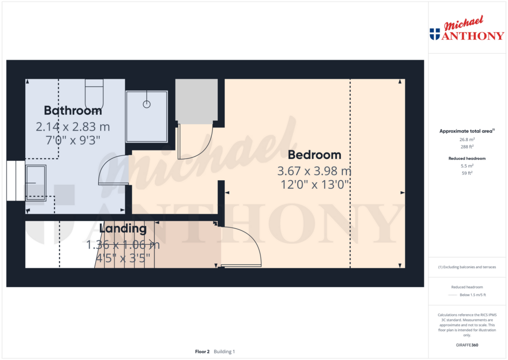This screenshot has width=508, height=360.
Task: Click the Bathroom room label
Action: pyautogui.click(x=73, y=110)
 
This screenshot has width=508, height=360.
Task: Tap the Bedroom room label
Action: pyautogui.click(x=314, y=154)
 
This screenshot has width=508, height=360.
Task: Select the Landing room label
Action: pyautogui.click(x=123, y=229)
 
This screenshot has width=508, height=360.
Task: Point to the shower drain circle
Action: pyautogui.click(x=146, y=104)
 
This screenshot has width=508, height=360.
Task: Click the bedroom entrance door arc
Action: pyautogui.click(x=247, y=243)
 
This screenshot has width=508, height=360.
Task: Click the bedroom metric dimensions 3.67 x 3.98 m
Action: pyautogui.click(x=314, y=171)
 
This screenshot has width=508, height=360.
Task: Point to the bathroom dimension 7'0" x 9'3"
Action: pyautogui.click(x=73, y=141)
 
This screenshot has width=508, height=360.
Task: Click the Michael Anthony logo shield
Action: pyautogui.click(x=435, y=34)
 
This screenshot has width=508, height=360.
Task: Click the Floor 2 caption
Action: pyautogui.click(x=202, y=352)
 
